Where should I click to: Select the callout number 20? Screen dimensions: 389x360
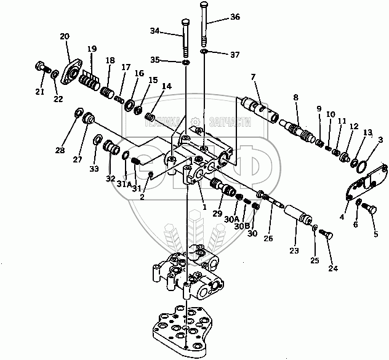[x=65, y=38]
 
